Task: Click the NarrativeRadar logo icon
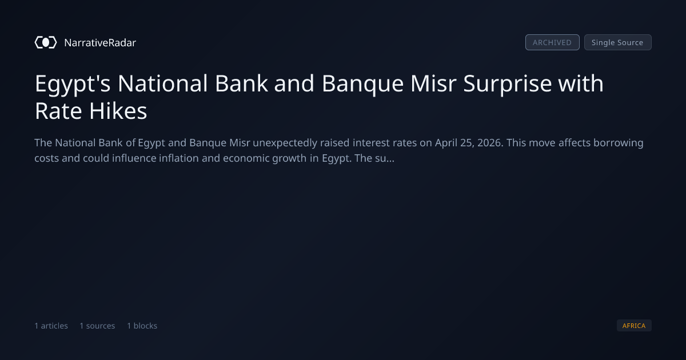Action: pyautogui.click(x=46, y=42)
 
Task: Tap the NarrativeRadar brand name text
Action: pyautogui.click(x=100, y=43)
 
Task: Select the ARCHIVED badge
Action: pyautogui.click(x=552, y=42)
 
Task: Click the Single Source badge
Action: pyautogui.click(x=618, y=42)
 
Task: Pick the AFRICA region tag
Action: pyautogui.click(x=634, y=325)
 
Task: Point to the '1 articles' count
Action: pyautogui.click(x=51, y=326)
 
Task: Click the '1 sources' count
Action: pyautogui.click(x=97, y=326)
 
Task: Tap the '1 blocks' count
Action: pyautogui.click(x=142, y=326)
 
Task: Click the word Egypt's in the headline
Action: pyautogui.click(x=73, y=84)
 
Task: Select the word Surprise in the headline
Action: pyautogui.click(x=508, y=84)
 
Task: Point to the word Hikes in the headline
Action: pyautogui.click(x=118, y=111)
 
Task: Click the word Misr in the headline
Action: pyautogui.click(x=434, y=83)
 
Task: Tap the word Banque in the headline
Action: pyautogui.click(x=362, y=84)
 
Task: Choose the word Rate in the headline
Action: pyautogui.click(x=58, y=111)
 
